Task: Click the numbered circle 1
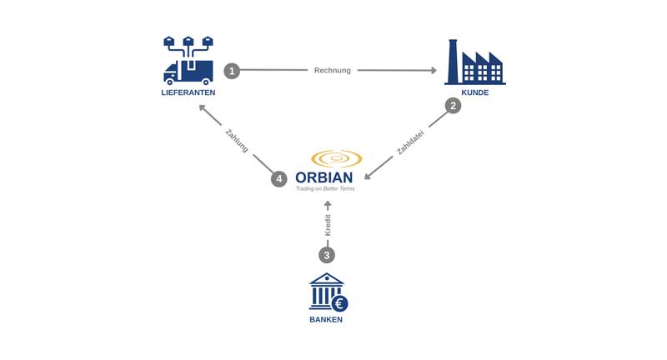[x=232, y=71]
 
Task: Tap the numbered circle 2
[x=453, y=106]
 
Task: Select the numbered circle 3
[x=327, y=255]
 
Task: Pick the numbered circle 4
[x=278, y=179]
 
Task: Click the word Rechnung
[x=332, y=71]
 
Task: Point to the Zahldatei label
[x=410, y=142]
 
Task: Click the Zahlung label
[x=237, y=140]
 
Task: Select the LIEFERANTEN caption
[x=188, y=92]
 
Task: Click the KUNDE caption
[x=474, y=92]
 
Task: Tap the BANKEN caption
[x=326, y=319]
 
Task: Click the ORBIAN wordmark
[x=324, y=177]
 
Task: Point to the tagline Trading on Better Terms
[x=324, y=189]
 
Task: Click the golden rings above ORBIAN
[x=335, y=158]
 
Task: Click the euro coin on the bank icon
[x=339, y=303]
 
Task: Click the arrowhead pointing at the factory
[x=433, y=71]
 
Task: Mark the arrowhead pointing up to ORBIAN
[x=328, y=204]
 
